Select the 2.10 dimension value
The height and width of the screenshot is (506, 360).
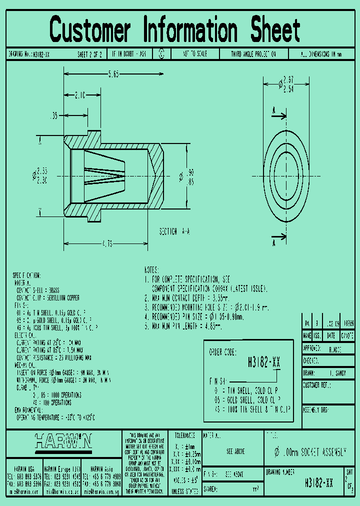(79, 94)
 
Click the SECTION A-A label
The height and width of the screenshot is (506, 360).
(174, 232)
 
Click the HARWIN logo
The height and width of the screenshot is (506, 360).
(63, 441)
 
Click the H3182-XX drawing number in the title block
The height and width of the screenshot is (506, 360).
(319, 483)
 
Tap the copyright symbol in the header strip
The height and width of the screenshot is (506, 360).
(161, 54)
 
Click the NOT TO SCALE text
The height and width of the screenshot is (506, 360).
(194, 54)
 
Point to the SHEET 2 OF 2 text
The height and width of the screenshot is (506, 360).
(89, 54)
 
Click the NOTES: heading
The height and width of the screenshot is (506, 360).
(151, 269)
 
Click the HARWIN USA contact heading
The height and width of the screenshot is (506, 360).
(24, 469)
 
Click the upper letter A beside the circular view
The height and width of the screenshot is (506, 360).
(274, 110)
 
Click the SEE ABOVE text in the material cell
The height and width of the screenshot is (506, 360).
(235, 451)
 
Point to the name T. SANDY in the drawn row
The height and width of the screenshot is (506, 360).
(338, 373)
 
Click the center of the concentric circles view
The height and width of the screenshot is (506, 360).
(286, 176)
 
